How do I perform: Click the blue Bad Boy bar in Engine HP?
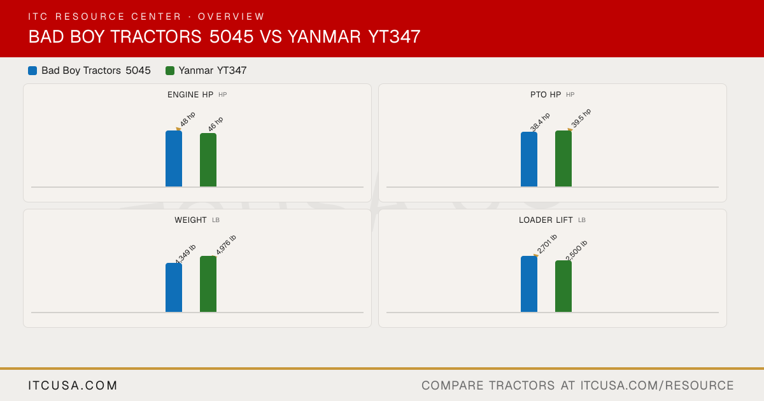[x=174, y=158]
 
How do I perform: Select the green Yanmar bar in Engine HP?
[x=208, y=160]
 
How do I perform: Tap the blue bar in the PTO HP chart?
[x=529, y=159]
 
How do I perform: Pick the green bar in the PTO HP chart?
[x=563, y=158]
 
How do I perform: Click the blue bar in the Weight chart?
[x=174, y=288]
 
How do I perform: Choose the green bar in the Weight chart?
[x=208, y=284]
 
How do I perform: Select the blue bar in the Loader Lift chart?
[x=529, y=284]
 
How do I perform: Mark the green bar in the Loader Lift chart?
[x=563, y=286]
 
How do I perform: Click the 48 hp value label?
[x=188, y=119]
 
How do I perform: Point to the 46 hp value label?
[x=216, y=124]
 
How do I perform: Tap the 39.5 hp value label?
[x=581, y=118]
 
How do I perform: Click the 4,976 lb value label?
[x=226, y=244]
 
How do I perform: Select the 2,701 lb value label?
[x=547, y=244]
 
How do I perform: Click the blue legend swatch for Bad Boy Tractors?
[x=32, y=71]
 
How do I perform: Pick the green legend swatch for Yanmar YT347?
[x=170, y=71]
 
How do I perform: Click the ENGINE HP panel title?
[x=190, y=94]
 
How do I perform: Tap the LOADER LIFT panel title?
[x=546, y=220]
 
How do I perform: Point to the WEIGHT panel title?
[x=190, y=220]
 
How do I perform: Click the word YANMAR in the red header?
[x=324, y=36]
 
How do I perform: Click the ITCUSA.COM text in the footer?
[x=73, y=385]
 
